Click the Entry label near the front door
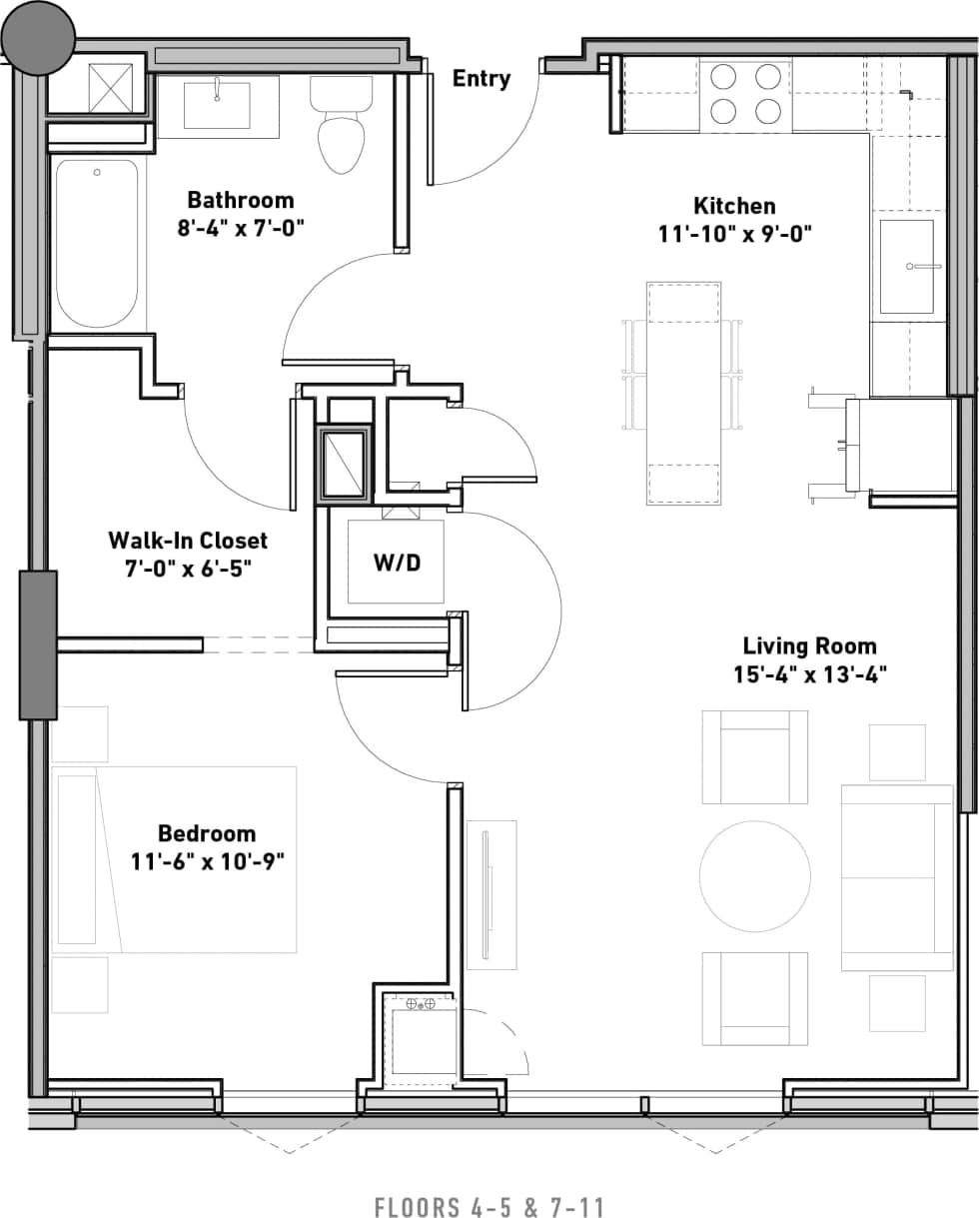coord(482,79)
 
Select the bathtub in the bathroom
coord(97,243)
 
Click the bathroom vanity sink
coord(217,106)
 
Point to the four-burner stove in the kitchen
coord(745,94)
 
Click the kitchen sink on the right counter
coord(907,266)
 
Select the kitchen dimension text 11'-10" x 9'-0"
coord(735,234)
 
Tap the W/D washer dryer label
coord(397,563)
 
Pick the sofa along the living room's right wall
coord(897,877)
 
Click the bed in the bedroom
coord(176,859)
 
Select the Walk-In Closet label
coord(188,541)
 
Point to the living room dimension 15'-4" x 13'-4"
coord(809,673)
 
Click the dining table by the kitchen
coord(683,393)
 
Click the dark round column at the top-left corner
coord(38,38)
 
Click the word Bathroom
coord(241,200)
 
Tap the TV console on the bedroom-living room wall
coord(490,894)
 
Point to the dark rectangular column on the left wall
coord(38,645)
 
